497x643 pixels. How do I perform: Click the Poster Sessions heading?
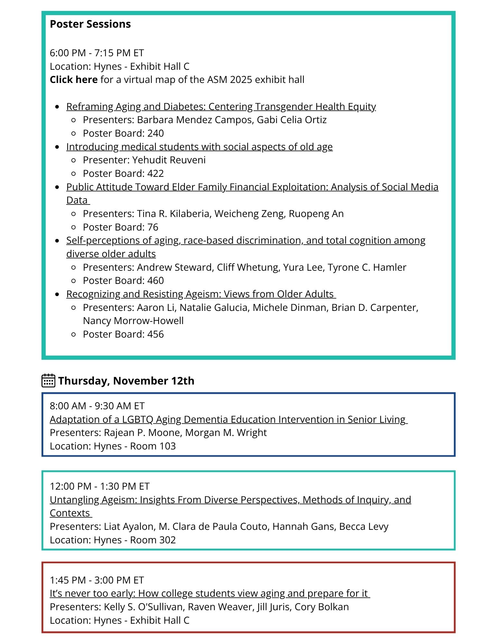(90, 24)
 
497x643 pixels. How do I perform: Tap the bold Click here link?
(74, 79)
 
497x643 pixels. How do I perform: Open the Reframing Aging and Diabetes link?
(221, 106)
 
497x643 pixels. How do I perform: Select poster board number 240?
(155, 133)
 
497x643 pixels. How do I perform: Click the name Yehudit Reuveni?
(169, 160)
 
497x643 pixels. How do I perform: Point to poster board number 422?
(155, 173)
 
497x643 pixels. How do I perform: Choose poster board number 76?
(153, 227)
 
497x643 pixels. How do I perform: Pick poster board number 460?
(155, 280)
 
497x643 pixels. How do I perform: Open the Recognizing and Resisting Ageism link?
(201, 294)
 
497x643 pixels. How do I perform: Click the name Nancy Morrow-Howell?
(133, 321)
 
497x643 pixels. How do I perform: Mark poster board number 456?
(155, 334)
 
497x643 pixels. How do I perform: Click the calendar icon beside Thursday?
(48, 380)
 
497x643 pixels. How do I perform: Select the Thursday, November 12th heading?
(126, 381)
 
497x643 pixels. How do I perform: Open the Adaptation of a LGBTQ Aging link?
(228, 419)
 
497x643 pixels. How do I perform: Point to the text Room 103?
(153, 446)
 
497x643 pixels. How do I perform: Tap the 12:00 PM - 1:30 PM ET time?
(100, 486)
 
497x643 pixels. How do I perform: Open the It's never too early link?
(210, 593)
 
